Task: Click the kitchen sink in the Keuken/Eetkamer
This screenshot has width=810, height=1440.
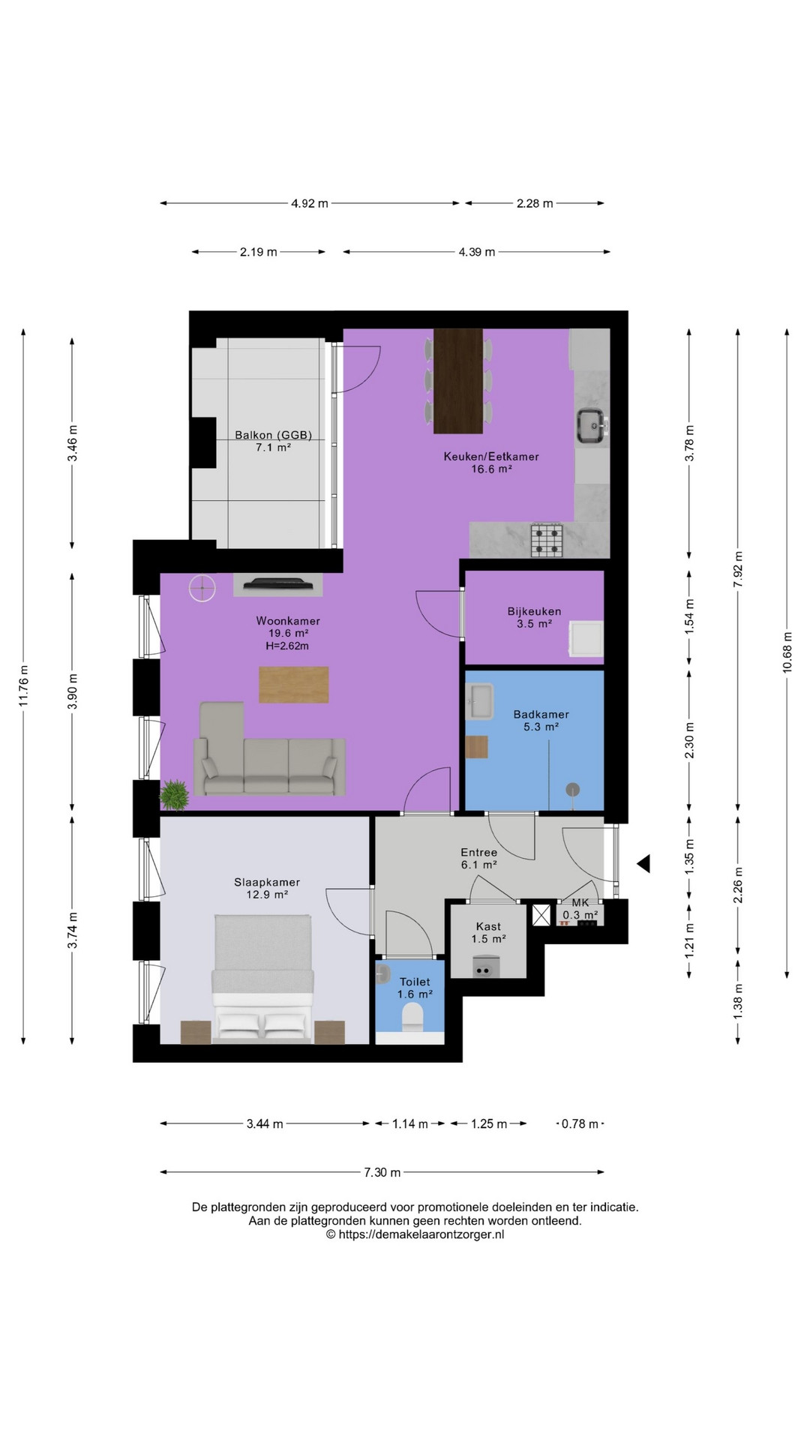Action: (x=592, y=427)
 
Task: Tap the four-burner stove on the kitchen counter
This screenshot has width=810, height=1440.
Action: (x=547, y=540)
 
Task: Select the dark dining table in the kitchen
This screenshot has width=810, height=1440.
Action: (x=457, y=381)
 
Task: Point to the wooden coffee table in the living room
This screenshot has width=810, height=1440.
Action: (x=294, y=685)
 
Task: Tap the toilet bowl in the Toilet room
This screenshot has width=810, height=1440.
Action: (x=412, y=1017)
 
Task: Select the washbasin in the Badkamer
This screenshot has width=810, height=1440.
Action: (x=479, y=700)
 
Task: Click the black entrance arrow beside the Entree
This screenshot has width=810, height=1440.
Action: (x=643, y=864)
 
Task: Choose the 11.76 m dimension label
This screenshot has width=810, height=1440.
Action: (x=24, y=685)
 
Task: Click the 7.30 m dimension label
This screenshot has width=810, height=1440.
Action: (x=382, y=1172)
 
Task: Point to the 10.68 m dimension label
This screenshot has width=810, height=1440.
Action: (x=787, y=652)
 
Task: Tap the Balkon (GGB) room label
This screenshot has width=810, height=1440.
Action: (x=273, y=435)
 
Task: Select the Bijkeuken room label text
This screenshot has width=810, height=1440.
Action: (x=534, y=611)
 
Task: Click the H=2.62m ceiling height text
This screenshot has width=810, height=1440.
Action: (x=287, y=646)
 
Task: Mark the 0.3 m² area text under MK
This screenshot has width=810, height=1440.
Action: (x=580, y=915)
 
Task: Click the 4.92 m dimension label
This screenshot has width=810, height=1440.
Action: (x=310, y=203)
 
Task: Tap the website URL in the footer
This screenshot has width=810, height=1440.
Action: (x=415, y=1234)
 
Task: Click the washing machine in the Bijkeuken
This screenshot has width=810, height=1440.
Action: (x=586, y=639)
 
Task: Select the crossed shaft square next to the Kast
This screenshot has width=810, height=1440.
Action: (x=541, y=915)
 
